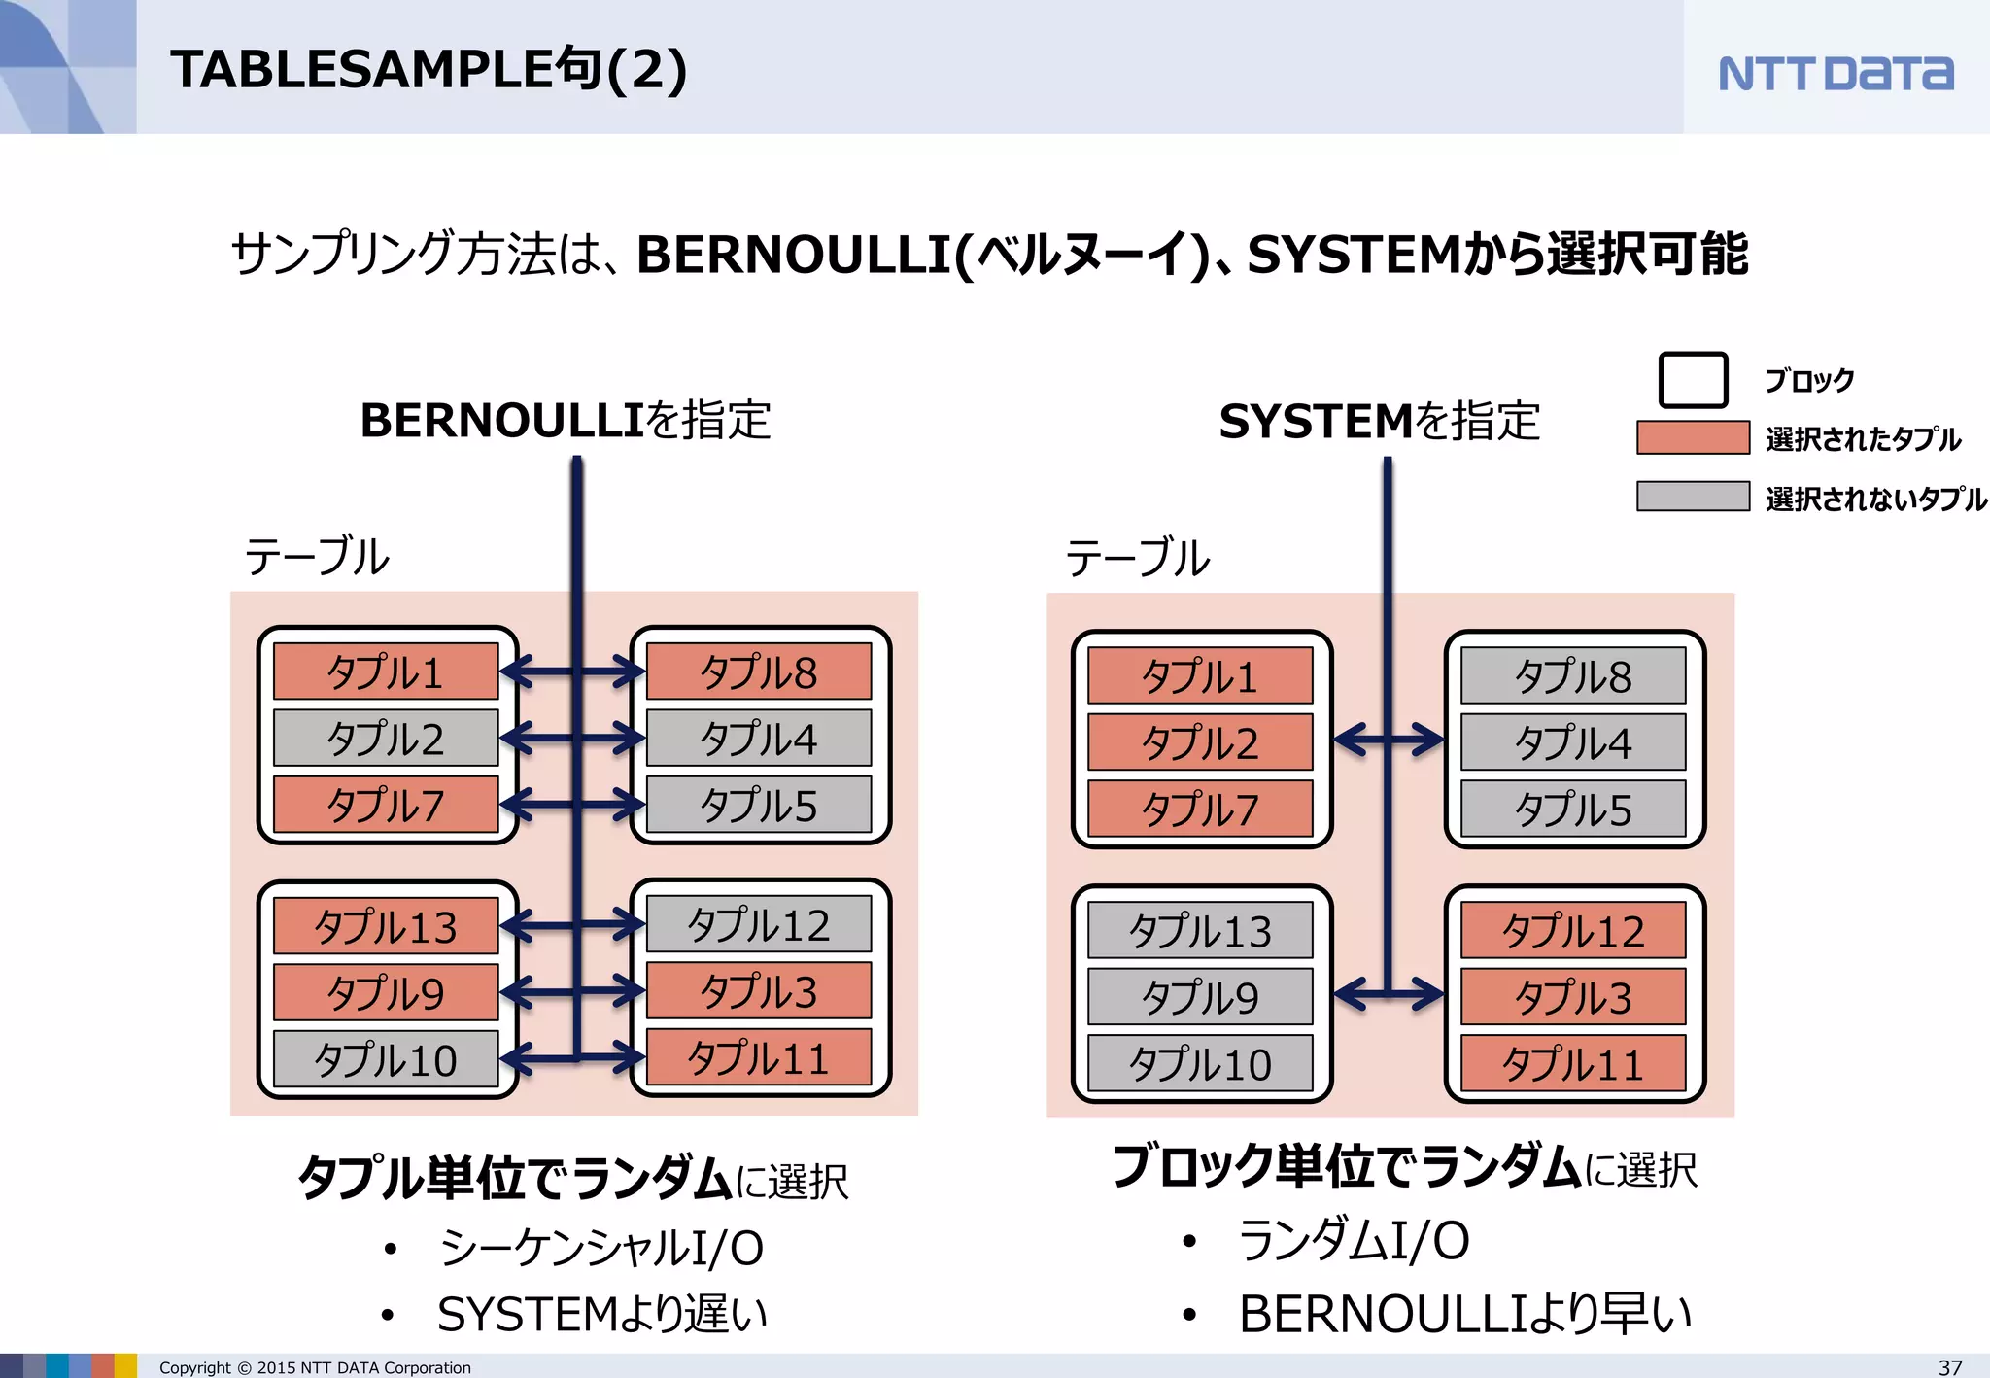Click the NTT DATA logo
coord(1835,73)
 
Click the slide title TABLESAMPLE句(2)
coord(429,70)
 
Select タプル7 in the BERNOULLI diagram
coord(386,805)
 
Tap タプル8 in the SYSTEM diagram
coord(1573,676)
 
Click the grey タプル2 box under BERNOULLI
coord(386,739)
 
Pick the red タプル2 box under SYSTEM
coord(1200,742)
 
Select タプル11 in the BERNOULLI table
coord(759,1058)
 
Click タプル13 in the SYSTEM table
coord(1200,931)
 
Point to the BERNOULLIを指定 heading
coord(565,421)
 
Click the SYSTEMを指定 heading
coord(1379,422)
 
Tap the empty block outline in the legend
coord(1693,380)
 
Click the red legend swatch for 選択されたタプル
coord(1693,438)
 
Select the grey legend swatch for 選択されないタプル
coord(1693,497)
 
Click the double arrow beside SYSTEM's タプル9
coord(1389,994)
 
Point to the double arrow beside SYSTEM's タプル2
coord(1389,741)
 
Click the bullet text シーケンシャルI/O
coord(600,1248)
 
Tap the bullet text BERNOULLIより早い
coord(1464,1314)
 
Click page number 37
coord(1949,1366)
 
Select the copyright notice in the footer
coord(315,1367)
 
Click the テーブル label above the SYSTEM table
coord(1138,559)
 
